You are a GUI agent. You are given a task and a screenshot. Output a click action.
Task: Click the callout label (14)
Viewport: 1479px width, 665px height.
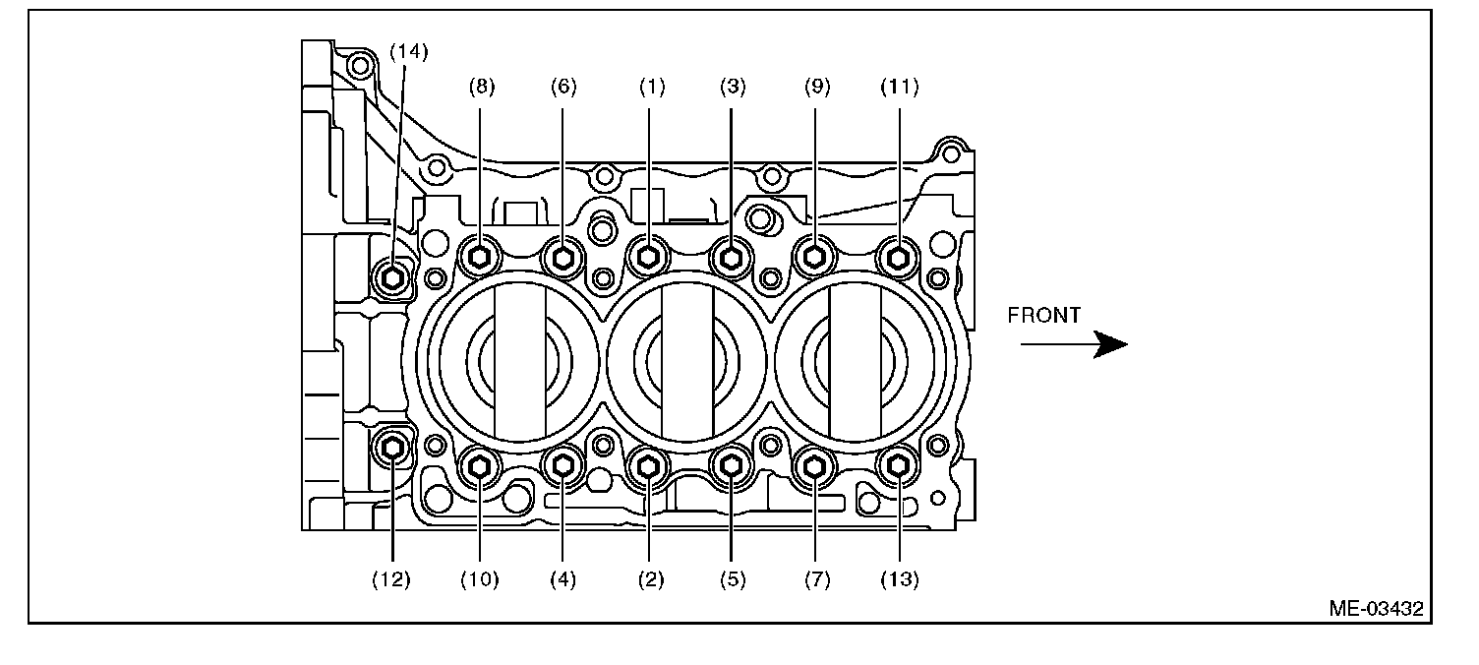tap(408, 52)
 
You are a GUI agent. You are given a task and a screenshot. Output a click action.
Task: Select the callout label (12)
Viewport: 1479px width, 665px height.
tap(392, 580)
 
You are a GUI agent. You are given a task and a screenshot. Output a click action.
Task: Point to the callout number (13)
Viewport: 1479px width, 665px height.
tap(899, 580)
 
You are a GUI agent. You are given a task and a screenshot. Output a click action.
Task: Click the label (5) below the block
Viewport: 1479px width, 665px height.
tap(732, 580)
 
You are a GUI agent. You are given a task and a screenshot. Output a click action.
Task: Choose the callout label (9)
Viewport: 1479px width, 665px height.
tap(815, 88)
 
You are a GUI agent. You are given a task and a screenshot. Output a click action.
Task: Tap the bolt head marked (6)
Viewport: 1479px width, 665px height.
tap(563, 258)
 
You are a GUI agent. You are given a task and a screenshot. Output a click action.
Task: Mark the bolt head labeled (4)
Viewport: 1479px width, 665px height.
tap(563, 467)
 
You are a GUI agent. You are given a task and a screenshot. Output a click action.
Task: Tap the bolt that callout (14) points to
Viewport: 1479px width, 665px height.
tap(393, 278)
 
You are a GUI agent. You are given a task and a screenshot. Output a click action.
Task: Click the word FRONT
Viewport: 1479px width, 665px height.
tap(1044, 316)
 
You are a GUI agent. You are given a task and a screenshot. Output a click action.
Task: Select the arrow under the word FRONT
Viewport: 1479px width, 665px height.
tap(1073, 344)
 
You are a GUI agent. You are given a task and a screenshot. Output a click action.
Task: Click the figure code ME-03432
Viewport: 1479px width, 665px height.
tap(1376, 609)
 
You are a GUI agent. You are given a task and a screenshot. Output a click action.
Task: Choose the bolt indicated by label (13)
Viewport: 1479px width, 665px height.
tap(898, 467)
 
